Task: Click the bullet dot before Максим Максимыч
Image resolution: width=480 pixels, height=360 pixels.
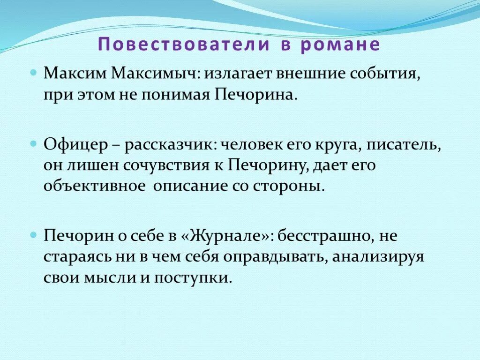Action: click(33, 74)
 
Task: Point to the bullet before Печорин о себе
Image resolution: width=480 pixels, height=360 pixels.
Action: click(33, 233)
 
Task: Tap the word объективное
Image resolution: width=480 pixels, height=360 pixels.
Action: click(94, 186)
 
